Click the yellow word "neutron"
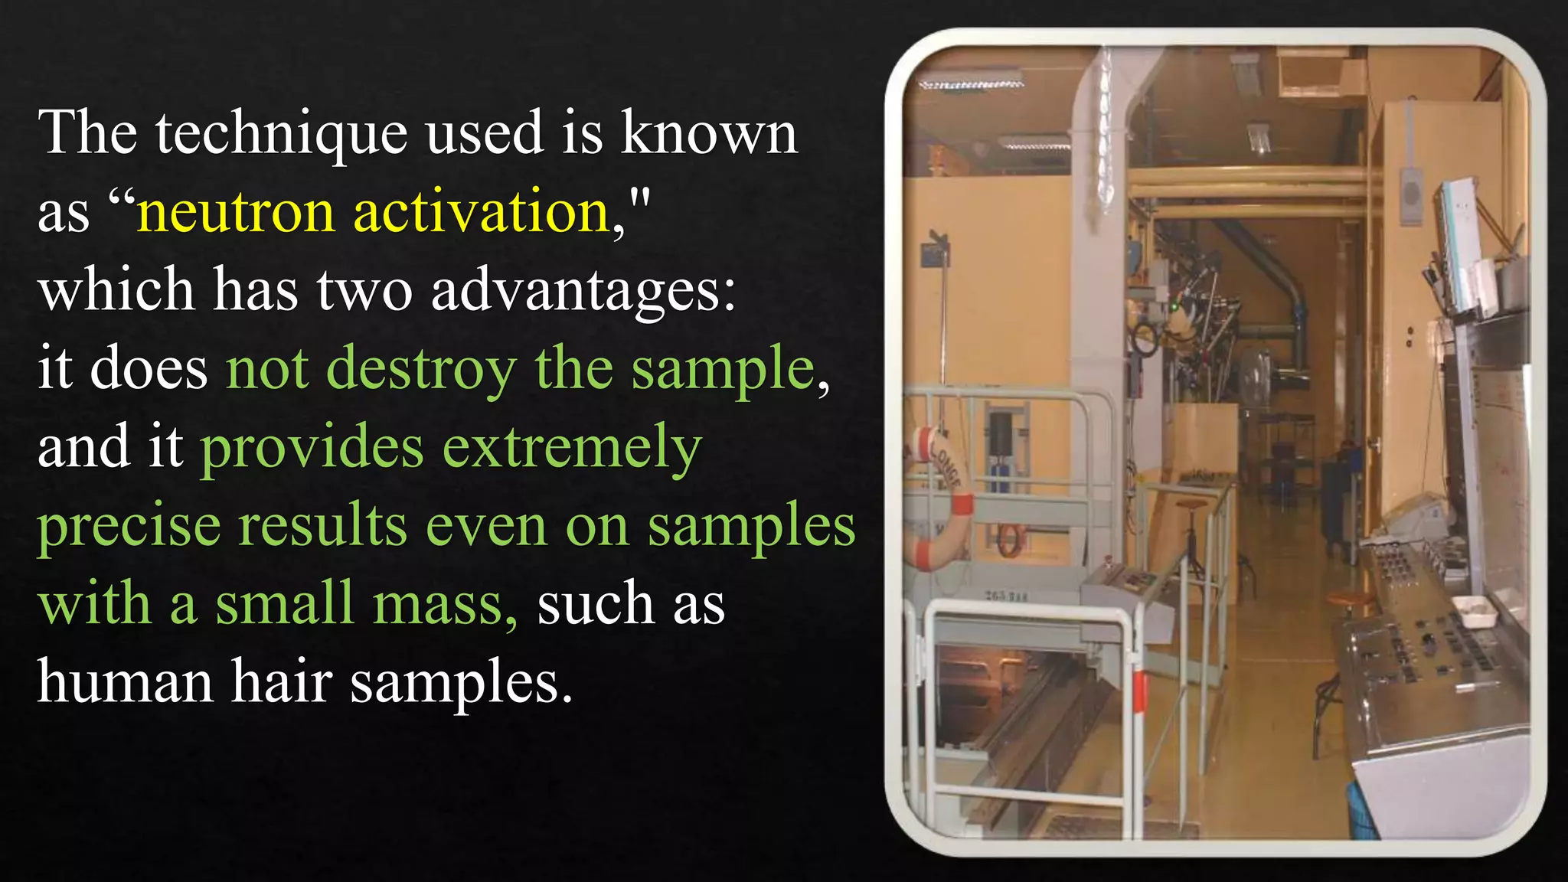[235, 211]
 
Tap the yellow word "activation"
[481, 211]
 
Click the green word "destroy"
[421, 369]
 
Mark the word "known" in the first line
[708, 133]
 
